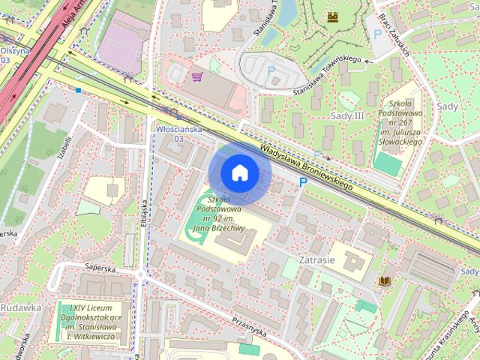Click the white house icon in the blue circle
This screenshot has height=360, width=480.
(239, 173)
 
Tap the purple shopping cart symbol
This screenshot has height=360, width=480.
(197, 76)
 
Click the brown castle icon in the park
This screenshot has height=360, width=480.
(332, 16)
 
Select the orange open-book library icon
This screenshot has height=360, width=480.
(385, 280)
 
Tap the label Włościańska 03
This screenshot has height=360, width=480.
(178, 133)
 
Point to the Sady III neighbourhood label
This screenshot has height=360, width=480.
(347, 115)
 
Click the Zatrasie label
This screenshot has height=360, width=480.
(316, 259)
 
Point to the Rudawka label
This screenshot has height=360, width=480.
(20, 307)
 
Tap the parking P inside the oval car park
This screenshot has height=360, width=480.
(271, 70)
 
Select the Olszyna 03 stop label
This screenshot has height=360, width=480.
(13, 55)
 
